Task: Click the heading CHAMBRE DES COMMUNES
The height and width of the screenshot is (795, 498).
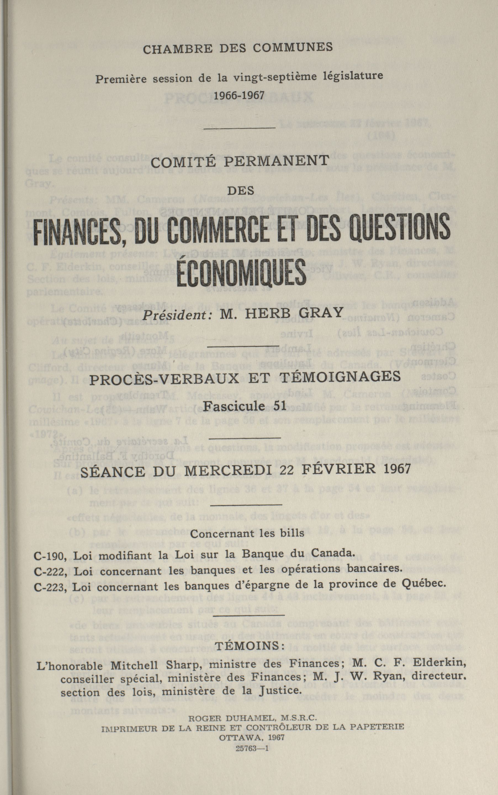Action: point(238,48)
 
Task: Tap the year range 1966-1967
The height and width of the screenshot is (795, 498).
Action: point(239,95)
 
